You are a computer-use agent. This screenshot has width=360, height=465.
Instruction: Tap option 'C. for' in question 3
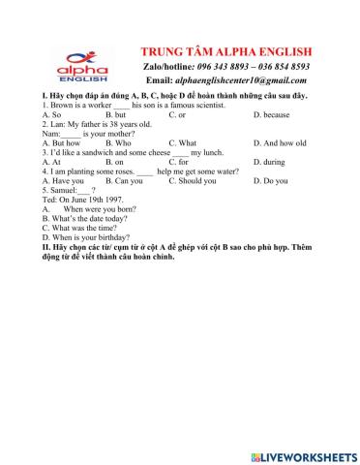click(179, 162)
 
